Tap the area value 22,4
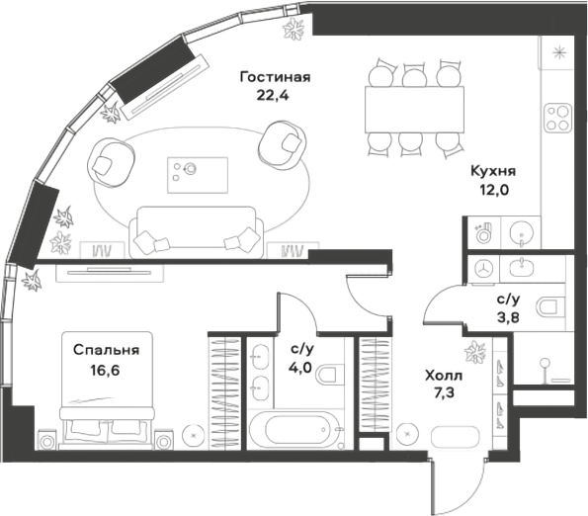275,96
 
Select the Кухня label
491,171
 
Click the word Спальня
106,350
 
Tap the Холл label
442,377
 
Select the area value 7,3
442,394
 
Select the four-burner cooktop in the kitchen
556,117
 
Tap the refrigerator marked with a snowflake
558,54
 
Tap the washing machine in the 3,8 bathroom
483,267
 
